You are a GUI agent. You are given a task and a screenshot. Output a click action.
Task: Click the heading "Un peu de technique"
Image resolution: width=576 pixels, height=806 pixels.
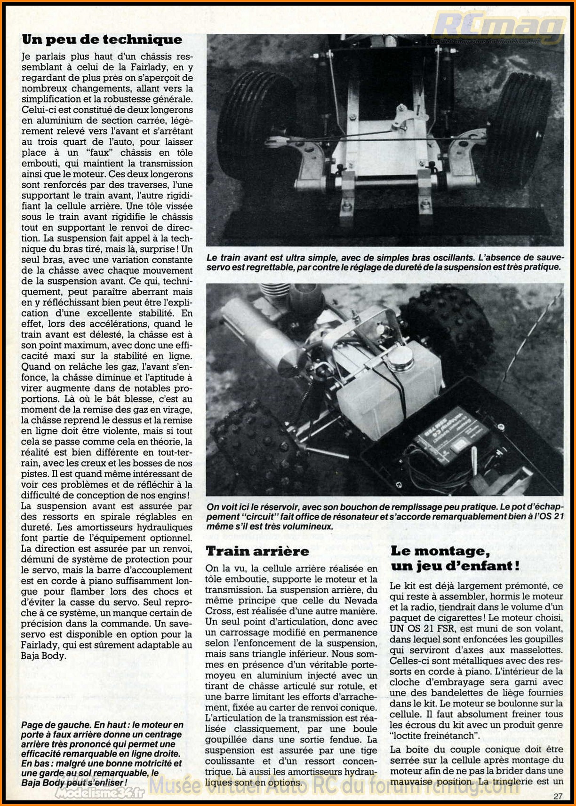click(x=102, y=40)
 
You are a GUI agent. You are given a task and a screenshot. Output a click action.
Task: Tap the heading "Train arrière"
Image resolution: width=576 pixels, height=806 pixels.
click(x=257, y=551)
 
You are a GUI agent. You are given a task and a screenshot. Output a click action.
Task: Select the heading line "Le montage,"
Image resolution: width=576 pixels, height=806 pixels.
click(x=440, y=551)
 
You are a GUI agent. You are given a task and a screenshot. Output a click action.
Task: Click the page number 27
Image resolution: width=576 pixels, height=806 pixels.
click(x=558, y=796)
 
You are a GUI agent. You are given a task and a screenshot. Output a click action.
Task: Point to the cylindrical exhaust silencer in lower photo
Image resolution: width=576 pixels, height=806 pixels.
click(x=264, y=339)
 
